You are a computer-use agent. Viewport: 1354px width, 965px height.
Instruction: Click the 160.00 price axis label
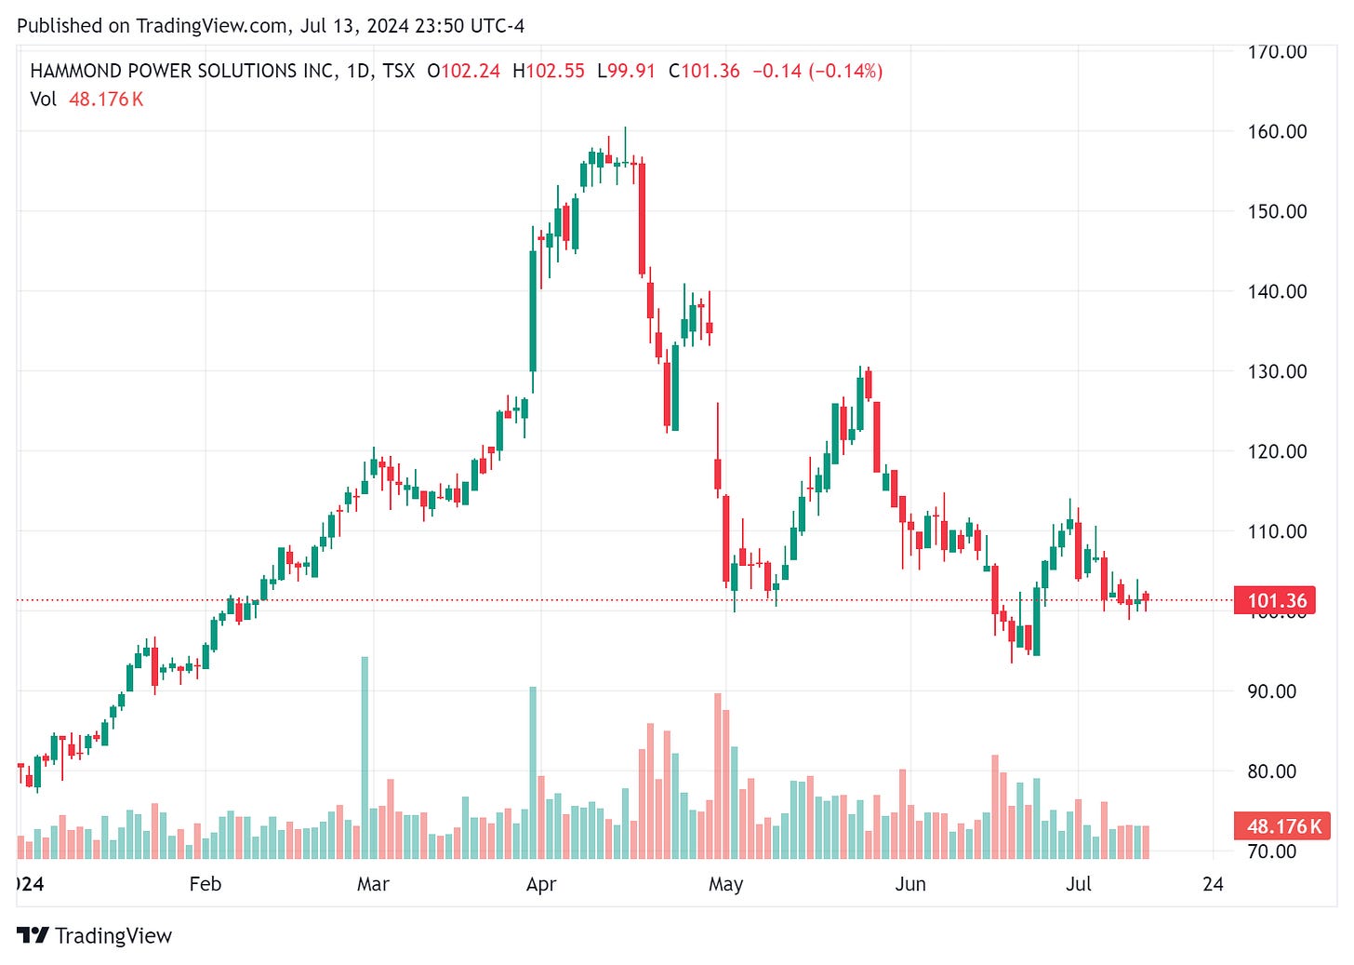point(1276,131)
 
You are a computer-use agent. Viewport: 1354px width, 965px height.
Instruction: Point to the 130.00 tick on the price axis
point(1276,371)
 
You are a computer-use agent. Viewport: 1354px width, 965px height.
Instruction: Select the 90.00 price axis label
point(1271,691)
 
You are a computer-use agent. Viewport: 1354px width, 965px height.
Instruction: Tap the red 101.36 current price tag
point(1277,600)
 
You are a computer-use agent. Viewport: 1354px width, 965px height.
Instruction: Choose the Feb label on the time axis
point(205,884)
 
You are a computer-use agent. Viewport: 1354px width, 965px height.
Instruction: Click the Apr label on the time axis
point(540,884)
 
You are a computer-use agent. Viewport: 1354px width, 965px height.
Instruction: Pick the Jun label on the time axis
point(909,884)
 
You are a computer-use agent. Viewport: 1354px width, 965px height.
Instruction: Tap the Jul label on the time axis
point(1078,884)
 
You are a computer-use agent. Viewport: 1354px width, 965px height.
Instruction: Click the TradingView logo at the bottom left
point(95,935)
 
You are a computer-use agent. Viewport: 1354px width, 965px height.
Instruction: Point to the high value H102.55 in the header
point(549,71)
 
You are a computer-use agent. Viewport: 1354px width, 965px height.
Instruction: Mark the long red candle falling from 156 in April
point(642,219)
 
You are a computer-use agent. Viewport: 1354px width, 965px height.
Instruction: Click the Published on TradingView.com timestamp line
point(271,26)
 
